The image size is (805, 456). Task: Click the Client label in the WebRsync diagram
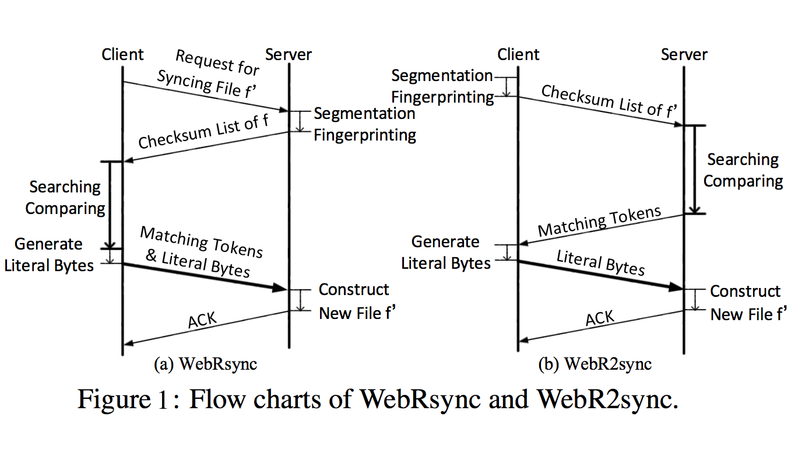(x=122, y=55)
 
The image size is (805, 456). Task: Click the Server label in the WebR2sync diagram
(x=684, y=55)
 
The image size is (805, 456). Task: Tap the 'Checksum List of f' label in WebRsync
(x=198, y=132)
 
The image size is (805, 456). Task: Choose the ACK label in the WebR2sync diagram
(x=600, y=318)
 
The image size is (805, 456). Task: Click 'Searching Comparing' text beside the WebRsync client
(x=65, y=198)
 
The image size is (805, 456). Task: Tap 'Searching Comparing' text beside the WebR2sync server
(x=743, y=170)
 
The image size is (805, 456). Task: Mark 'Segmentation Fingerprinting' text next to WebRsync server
(x=365, y=124)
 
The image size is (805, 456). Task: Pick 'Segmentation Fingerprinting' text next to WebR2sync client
(x=442, y=86)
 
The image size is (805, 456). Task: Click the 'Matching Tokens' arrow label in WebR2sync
(x=599, y=221)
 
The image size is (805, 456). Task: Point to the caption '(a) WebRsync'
(x=205, y=364)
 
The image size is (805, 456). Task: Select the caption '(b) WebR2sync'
(x=595, y=364)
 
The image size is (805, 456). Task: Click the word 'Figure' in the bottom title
(x=114, y=399)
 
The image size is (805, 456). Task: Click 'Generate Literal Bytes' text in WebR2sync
(x=446, y=252)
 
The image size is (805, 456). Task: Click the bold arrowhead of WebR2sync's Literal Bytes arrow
(x=676, y=287)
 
